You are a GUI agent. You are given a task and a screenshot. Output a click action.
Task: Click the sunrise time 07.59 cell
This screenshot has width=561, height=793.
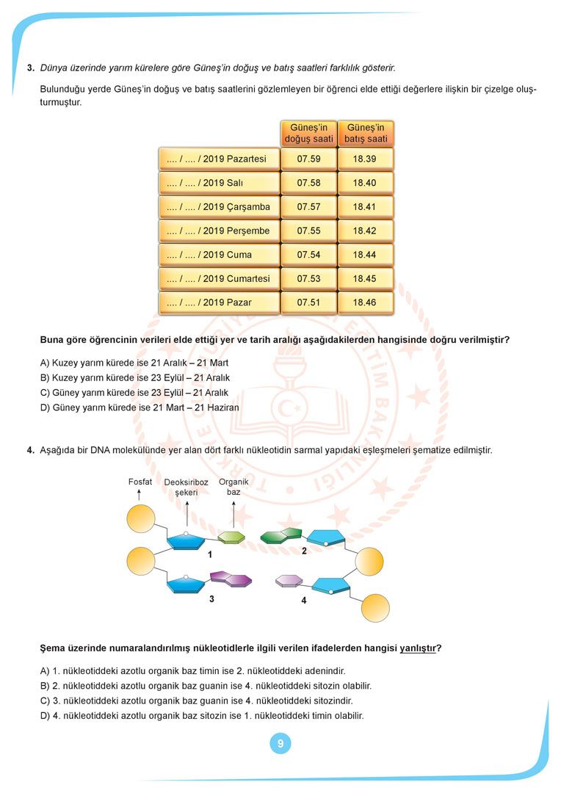(x=308, y=159)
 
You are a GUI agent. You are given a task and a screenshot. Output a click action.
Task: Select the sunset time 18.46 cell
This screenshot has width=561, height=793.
(x=365, y=303)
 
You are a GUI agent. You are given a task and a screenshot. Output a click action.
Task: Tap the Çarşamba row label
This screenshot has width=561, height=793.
(x=219, y=207)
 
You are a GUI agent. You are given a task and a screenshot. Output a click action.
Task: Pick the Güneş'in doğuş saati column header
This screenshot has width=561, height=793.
(x=308, y=133)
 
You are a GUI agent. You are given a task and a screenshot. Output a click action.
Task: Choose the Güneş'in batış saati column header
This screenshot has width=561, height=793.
(x=365, y=133)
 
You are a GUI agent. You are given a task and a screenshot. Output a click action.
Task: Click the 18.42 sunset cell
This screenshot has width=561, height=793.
(x=365, y=231)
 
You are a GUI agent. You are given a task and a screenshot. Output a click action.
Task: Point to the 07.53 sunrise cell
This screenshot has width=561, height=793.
(x=308, y=278)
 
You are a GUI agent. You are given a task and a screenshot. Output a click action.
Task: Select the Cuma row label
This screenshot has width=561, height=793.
(x=219, y=255)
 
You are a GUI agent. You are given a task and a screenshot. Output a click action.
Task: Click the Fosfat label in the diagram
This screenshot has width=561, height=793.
(x=140, y=482)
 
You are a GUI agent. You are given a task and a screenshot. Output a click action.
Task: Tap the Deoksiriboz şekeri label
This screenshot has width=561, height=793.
(x=187, y=488)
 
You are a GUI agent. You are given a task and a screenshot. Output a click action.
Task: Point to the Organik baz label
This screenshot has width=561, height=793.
(x=234, y=487)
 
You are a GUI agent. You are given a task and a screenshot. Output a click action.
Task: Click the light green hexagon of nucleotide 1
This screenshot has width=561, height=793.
(x=231, y=537)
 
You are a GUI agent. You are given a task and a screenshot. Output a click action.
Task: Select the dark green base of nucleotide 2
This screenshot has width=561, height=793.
(x=281, y=535)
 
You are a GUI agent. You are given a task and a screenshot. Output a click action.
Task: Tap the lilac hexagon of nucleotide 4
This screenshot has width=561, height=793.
(x=289, y=581)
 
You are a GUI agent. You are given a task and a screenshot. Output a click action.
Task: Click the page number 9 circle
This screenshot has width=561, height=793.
(x=280, y=744)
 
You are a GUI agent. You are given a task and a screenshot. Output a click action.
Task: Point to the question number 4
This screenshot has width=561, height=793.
(x=31, y=450)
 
